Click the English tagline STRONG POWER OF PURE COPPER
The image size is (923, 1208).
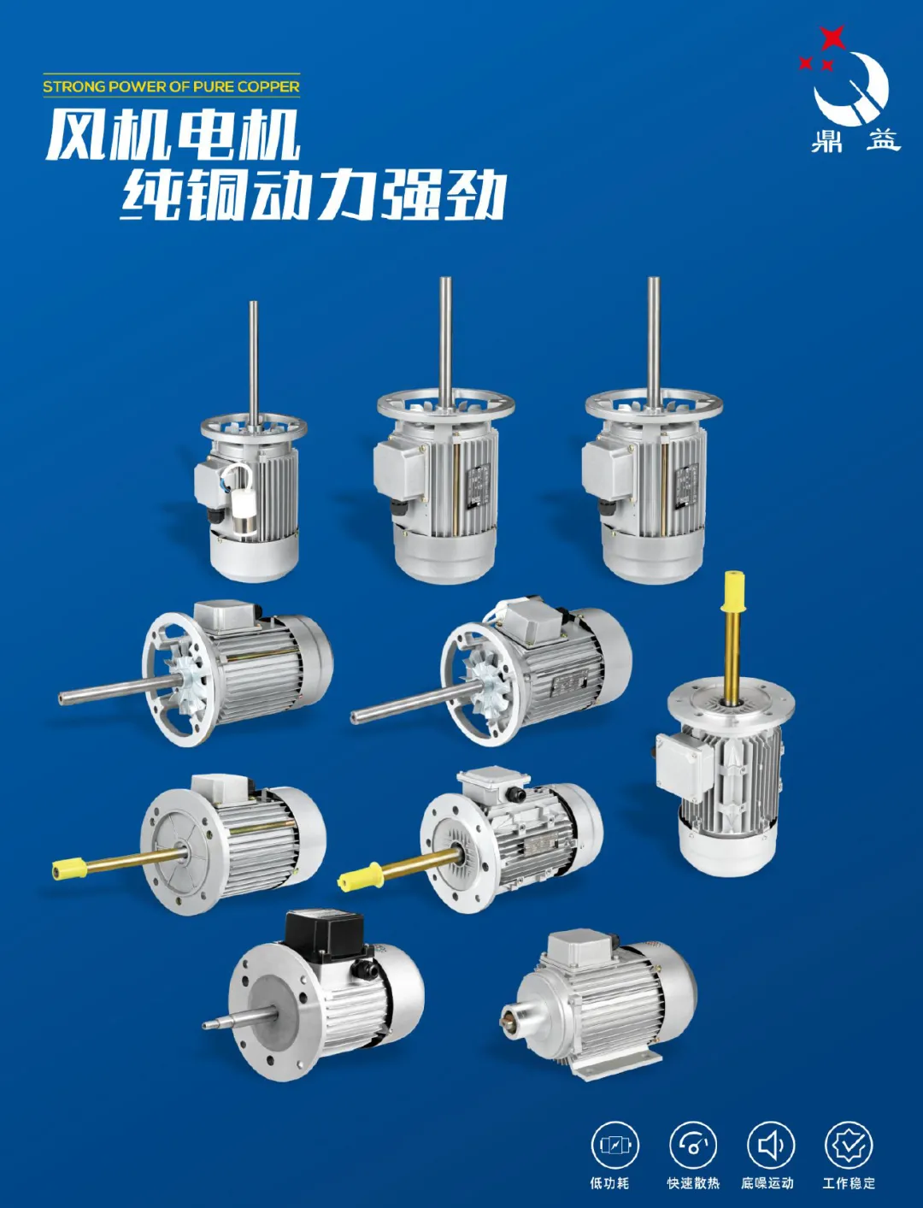(171, 86)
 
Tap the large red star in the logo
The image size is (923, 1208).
(832, 38)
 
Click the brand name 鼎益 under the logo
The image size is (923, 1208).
(855, 140)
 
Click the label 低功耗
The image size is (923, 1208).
(608, 1183)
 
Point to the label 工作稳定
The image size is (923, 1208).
(848, 1183)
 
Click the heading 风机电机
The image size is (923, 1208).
(173, 135)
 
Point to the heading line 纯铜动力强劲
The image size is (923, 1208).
(313, 196)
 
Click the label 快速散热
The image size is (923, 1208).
(693, 1183)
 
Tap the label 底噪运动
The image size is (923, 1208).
(767, 1183)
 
